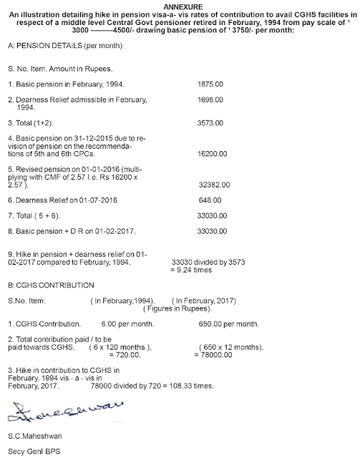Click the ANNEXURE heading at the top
click(x=180, y=5)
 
